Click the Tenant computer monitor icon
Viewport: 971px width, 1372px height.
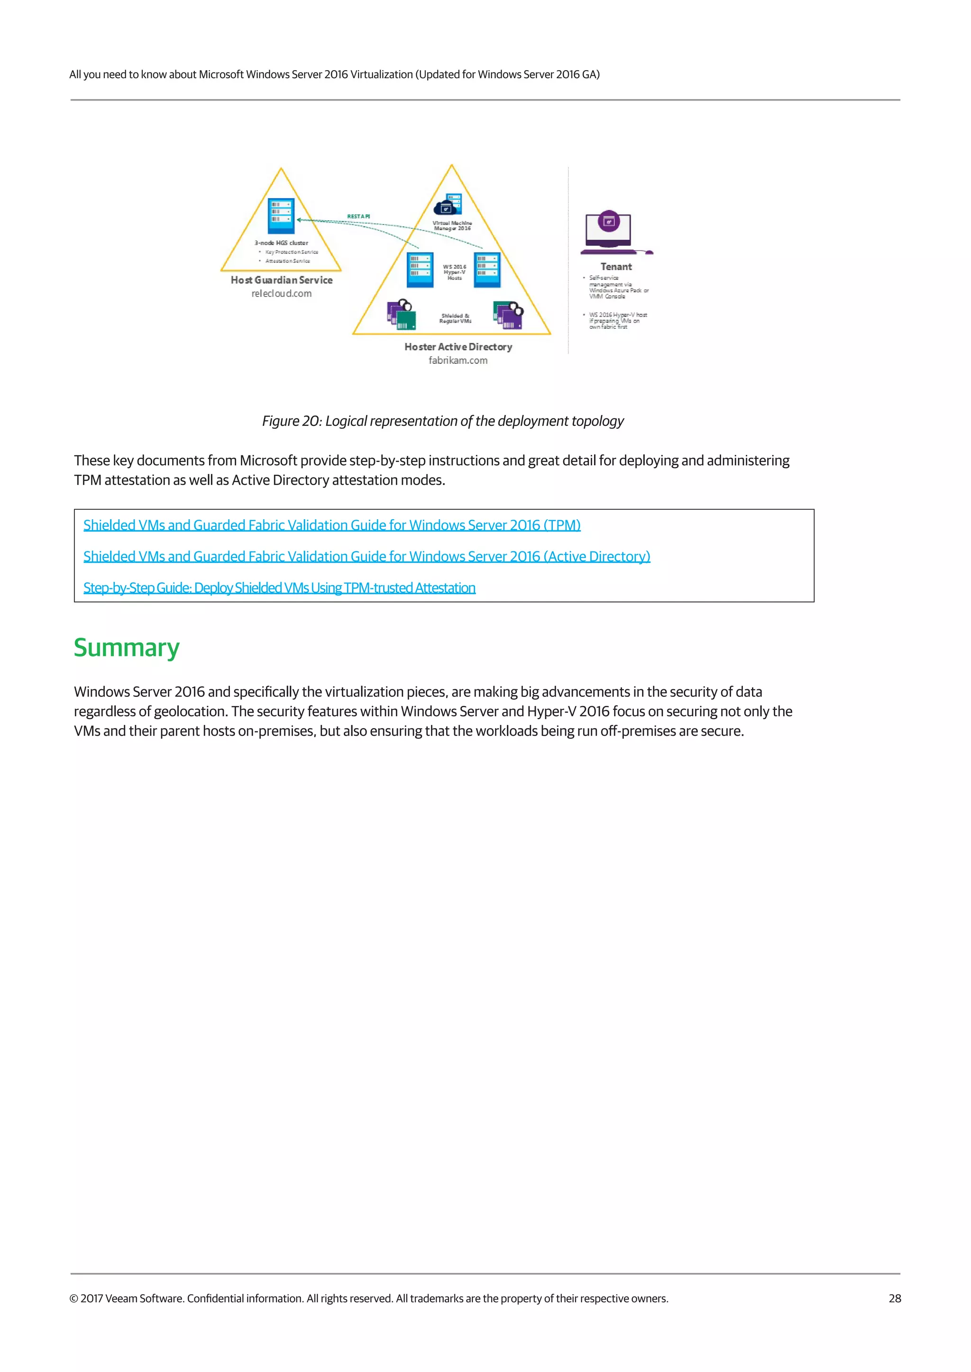(609, 229)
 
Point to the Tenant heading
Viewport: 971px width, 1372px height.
(616, 267)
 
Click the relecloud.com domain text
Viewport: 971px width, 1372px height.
(281, 293)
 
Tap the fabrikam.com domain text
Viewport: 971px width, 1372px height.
(458, 361)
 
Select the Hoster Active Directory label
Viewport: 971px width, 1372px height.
(458, 347)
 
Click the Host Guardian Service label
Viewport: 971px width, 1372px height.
(281, 280)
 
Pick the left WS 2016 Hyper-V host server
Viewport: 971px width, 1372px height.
(420, 270)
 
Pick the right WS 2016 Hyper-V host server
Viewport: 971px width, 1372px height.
(487, 270)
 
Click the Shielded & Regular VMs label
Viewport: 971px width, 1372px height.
(455, 318)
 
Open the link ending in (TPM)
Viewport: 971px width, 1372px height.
(332, 525)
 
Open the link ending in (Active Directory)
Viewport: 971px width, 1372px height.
(366, 556)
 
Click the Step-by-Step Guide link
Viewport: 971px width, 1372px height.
(279, 588)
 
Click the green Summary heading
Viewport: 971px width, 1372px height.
(126, 648)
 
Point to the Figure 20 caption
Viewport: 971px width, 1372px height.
(442, 421)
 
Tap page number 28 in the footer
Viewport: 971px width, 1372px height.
(895, 1299)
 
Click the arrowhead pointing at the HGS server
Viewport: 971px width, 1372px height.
(300, 220)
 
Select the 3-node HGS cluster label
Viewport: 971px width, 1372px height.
(281, 243)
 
